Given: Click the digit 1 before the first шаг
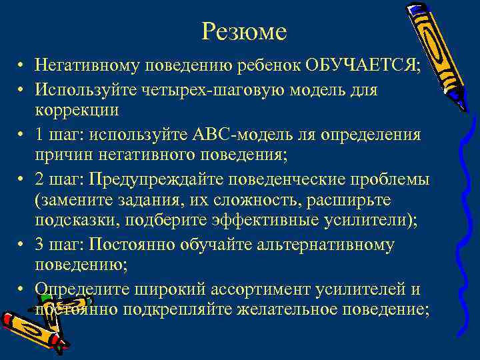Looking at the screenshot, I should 40,135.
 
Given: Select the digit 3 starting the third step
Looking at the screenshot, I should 40,245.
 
